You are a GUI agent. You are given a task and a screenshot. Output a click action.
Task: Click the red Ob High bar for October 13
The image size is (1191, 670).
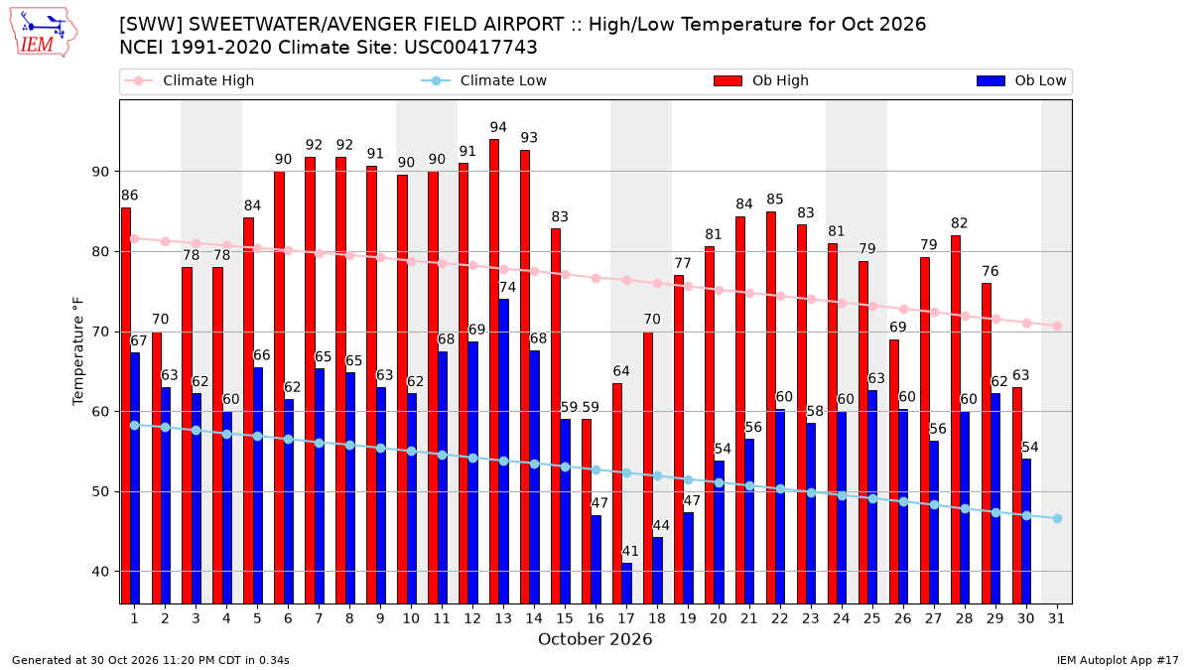[x=494, y=371]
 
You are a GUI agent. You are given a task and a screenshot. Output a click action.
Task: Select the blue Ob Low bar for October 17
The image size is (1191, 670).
[x=627, y=584]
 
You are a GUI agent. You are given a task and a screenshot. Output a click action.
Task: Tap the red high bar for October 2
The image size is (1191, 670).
[x=157, y=468]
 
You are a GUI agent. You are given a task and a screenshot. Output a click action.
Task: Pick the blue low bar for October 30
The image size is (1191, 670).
[x=1026, y=531]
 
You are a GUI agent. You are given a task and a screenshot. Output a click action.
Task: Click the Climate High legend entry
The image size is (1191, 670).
[x=189, y=80]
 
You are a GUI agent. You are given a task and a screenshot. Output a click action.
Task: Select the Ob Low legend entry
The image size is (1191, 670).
[x=1021, y=80]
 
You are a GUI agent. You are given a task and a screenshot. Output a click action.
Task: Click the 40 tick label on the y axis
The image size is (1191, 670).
[x=100, y=572]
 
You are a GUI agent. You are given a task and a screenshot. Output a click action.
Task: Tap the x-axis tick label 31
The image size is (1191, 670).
[x=1056, y=618]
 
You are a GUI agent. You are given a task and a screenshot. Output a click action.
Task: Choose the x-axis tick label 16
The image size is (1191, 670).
[x=595, y=618]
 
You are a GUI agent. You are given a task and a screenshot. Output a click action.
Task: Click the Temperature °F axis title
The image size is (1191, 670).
[x=78, y=352]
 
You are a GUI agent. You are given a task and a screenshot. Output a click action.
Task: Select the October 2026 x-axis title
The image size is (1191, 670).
[x=595, y=639]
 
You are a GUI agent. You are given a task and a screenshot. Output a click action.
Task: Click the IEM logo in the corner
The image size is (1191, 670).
[x=43, y=33]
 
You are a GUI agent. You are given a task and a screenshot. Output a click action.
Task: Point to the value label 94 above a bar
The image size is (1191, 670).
[x=498, y=128]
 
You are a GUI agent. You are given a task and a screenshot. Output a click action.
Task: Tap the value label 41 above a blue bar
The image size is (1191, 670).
[x=630, y=552]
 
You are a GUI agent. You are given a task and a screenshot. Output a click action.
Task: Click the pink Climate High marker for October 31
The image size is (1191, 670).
[x=1057, y=326]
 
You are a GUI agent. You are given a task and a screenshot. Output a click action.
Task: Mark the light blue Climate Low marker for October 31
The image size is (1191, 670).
[x=1057, y=518]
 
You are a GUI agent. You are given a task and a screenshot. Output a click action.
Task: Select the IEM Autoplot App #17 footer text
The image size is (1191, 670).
[x=1118, y=660]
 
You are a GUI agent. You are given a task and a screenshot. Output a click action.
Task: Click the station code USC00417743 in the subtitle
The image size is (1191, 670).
[x=470, y=48]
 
